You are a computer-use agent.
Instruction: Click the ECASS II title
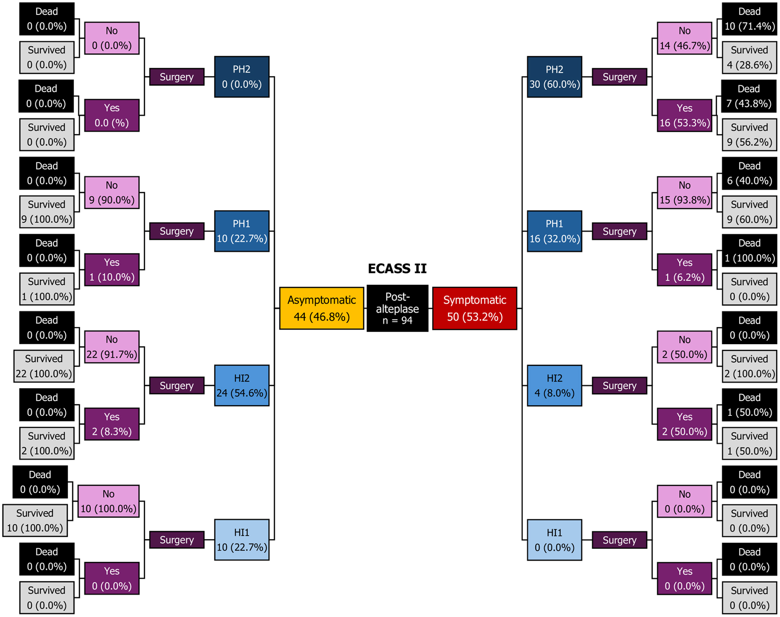(x=397, y=268)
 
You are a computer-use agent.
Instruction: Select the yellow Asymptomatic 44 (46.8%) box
(x=321, y=308)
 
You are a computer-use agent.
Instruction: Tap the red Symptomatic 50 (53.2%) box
(x=475, y=308)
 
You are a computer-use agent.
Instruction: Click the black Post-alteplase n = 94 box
(x=397, y=308)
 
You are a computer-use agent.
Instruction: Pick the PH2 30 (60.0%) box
(x=554, y=77)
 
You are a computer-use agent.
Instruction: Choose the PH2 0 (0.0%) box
(x=242, y=77)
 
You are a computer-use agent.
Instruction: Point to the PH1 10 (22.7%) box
(x=242, y=231)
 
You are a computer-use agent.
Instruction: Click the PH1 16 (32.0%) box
(x=554, y=231)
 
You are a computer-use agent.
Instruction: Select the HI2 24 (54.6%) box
(x=242, y=386)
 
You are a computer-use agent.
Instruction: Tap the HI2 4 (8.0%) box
(x=554, y=386)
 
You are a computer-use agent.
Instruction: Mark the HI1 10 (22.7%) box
(x=242, y=540)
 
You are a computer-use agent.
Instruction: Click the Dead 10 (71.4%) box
(x=749, y=19)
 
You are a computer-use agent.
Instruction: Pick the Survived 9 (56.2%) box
(x=749, y=135)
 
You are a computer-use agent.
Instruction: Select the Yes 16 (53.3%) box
(x=684, y=115)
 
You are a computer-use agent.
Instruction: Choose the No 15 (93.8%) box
(x=684, y=193)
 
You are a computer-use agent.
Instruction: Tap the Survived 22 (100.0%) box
(x=44, y=366)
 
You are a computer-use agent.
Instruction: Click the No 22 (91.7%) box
(x=112, y=347)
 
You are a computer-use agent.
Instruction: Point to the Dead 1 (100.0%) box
(x=749, y=250)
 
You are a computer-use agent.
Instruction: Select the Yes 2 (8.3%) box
(x=112, y=424)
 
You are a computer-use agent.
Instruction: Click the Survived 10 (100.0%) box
(x=35, y=521)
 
